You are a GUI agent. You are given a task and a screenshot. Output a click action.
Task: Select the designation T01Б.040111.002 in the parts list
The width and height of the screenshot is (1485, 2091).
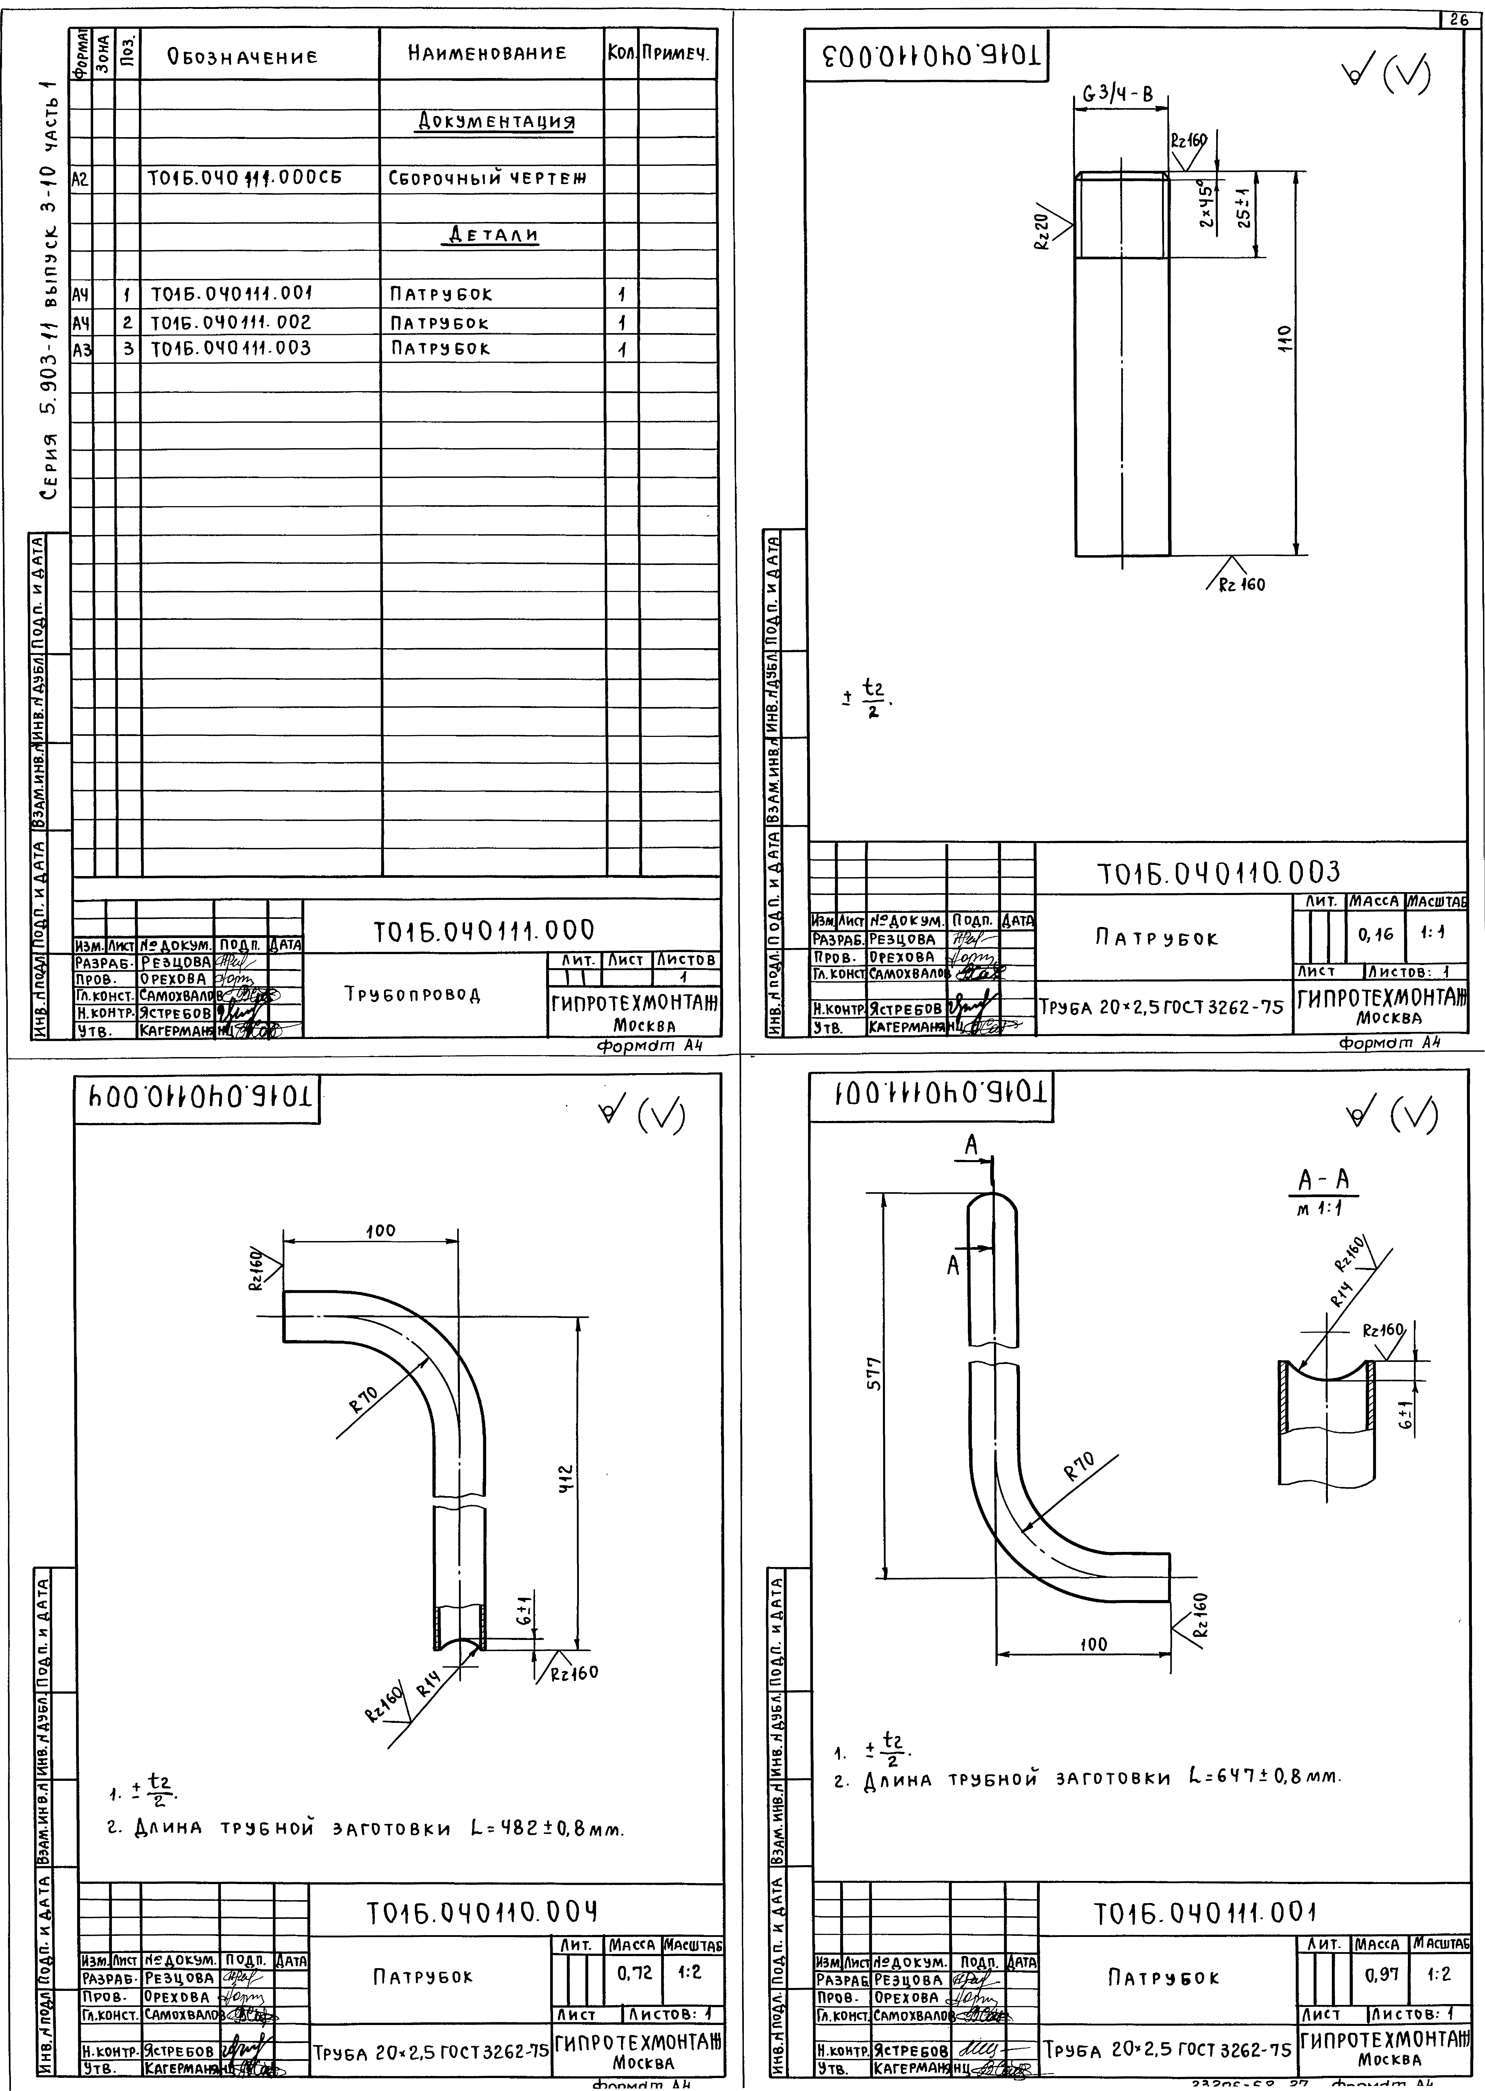click(230, 322)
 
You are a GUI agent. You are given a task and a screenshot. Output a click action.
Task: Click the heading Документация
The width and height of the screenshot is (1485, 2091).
click(496, 122)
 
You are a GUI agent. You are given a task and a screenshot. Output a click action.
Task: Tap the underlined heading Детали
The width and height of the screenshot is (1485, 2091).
click(492, 235)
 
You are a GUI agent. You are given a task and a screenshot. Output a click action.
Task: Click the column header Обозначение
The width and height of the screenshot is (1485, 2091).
click(242, 56)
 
